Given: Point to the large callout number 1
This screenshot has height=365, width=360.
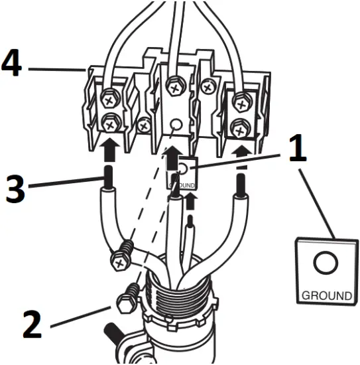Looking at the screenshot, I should [296, 148].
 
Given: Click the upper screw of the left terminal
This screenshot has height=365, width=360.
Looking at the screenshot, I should [108, 101].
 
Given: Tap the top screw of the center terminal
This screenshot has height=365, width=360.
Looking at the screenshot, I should [175, 85].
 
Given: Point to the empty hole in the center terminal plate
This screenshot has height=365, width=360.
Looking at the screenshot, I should [175, 124].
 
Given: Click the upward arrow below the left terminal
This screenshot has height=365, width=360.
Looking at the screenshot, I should [107, 147].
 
